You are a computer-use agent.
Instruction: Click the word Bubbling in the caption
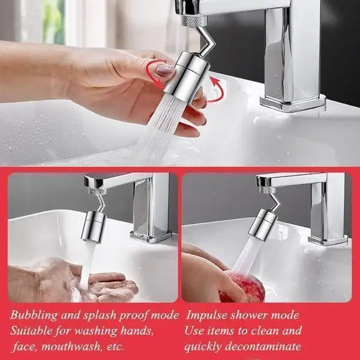pyautogui.click(x=34, y=316)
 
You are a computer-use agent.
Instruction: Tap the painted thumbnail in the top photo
pyautogui.click(x=165, y=70)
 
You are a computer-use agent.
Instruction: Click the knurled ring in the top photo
pyautogui.click(x=194, y=20)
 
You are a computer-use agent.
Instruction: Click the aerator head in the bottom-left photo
pyautogui.click(x=94, y=227)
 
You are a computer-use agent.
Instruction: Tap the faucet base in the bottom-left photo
pyautogui.click(x=151, y=236)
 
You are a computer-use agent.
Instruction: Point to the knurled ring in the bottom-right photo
pyautogui.click(x=268, y=190)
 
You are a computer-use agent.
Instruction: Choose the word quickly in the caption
pyautogui.click(x=203, y=347)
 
